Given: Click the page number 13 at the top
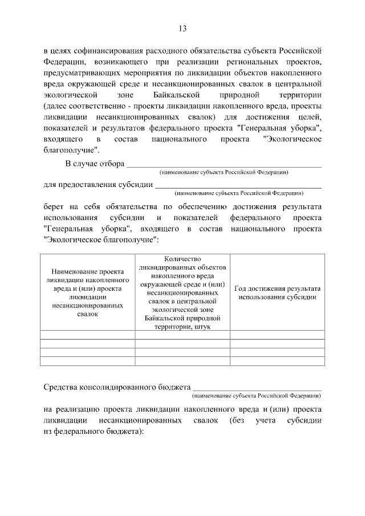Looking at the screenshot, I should tap(182, 29).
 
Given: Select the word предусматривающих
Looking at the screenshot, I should tap(78, 73).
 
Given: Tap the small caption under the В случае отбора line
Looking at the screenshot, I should tap(224, 172).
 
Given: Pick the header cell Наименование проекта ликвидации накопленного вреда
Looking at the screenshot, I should tap(87, 292).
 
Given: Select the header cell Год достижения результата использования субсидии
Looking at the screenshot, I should tap(277, 292).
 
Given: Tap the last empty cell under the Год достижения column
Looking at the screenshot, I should tap(277, 360).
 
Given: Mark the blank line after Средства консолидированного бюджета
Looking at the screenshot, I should tap(257, 389).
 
